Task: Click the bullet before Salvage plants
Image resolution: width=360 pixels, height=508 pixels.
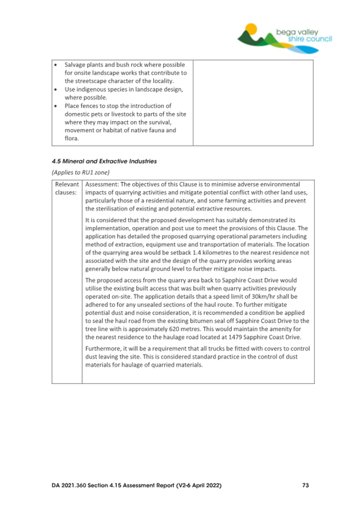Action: [55, 64]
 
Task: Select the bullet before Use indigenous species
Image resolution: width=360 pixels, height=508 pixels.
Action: [55, 89]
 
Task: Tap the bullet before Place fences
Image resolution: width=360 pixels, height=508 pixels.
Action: [55, 106]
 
